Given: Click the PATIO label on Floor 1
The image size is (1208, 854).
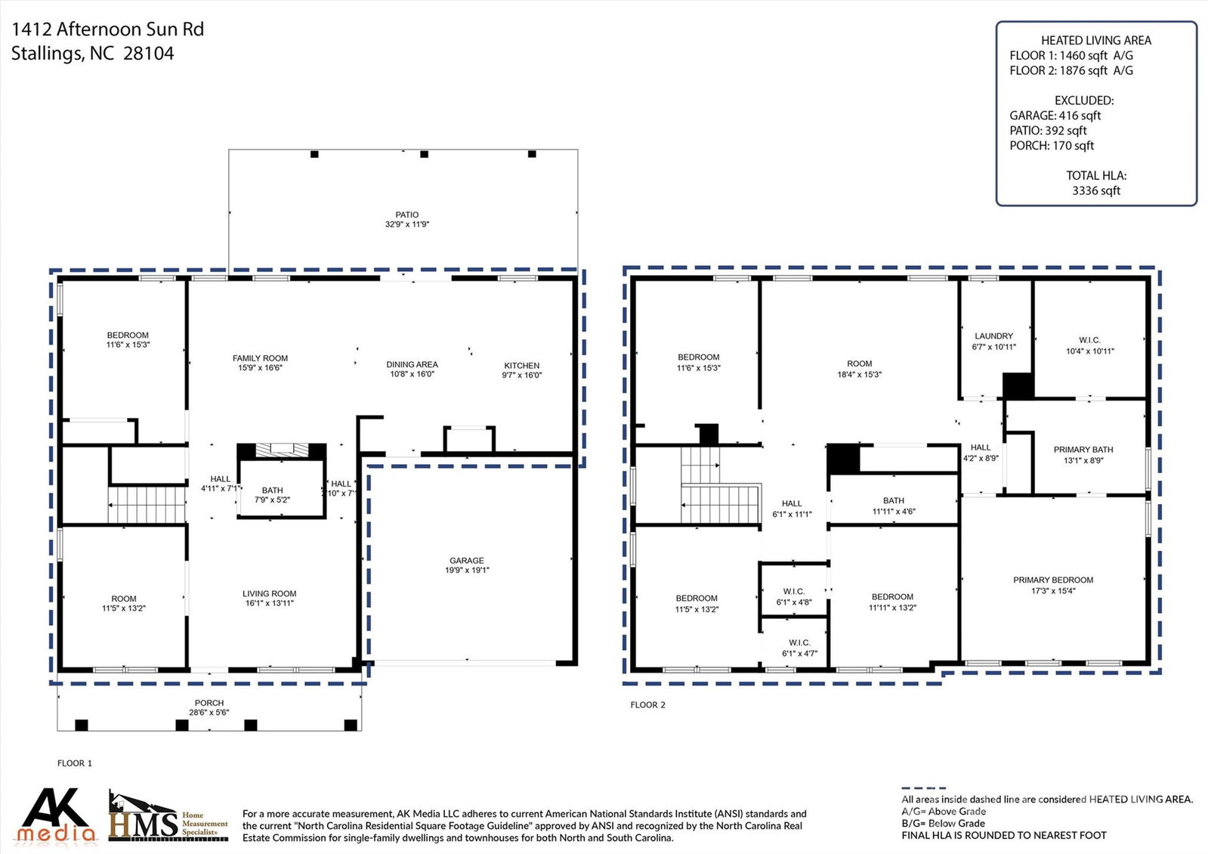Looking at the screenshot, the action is pos(406,215).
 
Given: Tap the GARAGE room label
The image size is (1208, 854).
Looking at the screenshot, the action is pos(466,561).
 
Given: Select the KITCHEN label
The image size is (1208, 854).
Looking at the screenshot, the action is pos(521,365).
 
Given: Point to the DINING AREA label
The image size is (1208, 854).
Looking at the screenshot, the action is pos(412,365).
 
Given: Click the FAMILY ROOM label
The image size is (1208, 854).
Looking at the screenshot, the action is pos(260,358).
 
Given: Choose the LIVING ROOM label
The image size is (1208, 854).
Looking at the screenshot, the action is pos(269,593).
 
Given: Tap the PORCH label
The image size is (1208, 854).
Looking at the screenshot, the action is pos(209,703).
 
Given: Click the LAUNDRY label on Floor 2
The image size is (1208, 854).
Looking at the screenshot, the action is pos(993,336).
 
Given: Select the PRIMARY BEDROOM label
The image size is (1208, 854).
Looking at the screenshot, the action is pos(1053,580).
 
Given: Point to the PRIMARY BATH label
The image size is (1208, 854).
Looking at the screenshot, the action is pos(1083,450).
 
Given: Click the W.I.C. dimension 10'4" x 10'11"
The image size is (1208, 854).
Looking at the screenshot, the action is pos(1090,351).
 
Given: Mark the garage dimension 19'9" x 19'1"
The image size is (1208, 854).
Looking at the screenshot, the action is pos(467,571).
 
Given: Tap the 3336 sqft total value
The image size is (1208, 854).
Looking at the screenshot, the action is pos(1096,190).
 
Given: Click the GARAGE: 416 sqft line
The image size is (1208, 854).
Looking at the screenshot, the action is pos(1055,116).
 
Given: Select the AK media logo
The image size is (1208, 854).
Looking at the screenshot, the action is pos(56,815).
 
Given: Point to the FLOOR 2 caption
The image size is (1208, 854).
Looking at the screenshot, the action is pos(647,704).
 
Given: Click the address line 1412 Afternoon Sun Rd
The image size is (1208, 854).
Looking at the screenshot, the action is pos(108,29).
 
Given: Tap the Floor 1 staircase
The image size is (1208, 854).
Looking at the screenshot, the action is pos(147,505).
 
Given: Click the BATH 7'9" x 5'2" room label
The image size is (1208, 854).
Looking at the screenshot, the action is pos(272,495).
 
